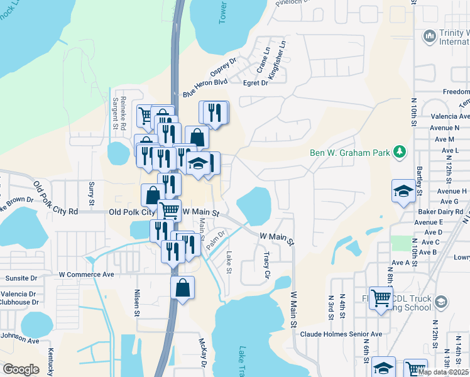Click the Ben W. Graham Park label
350,153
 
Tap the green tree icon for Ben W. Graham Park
398,152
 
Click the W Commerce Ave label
87,275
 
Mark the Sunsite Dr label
21,278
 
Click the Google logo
21,369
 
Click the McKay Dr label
203,352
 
